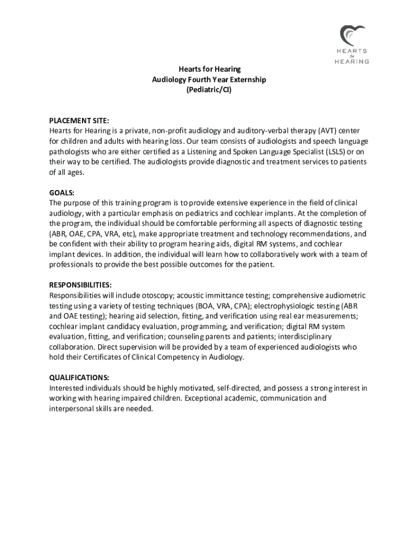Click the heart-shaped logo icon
[349, 35]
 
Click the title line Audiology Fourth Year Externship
[209, 80]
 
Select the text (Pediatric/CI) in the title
[209, 90]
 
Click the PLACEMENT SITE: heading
[79, 121]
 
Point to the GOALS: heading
[62, 193]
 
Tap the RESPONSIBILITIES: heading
[81, 286]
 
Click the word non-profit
[170, 131]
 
